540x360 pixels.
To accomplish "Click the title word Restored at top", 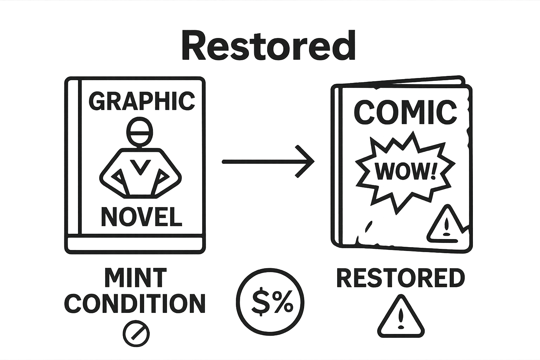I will point(269,46).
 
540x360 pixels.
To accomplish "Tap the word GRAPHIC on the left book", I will point(141,101).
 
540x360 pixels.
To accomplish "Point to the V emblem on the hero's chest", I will point(140,166).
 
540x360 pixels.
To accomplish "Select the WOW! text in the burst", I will point(405,171).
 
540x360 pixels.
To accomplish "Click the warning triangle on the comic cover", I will point(445,225).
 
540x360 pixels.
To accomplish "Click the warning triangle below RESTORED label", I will point(401,317).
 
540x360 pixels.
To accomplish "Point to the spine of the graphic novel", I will point(74,158).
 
